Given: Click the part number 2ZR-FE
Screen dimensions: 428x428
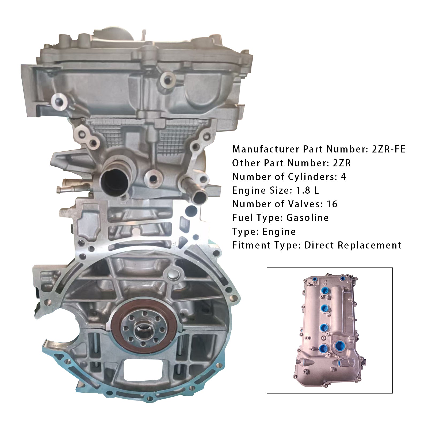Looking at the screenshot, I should tap(389, 149).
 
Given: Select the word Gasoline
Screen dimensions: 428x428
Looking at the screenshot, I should tap(307, 218).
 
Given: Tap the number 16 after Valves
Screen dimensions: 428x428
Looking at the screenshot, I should tap(332, 204).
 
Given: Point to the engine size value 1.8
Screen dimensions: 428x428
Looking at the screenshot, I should tap(304, 190).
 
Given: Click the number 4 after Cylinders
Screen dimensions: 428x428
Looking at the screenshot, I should tap(343, 177).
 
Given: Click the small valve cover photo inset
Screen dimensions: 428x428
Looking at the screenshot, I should tap(330, 330).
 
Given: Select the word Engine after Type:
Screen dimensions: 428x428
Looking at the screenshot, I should tap(279, 232).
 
